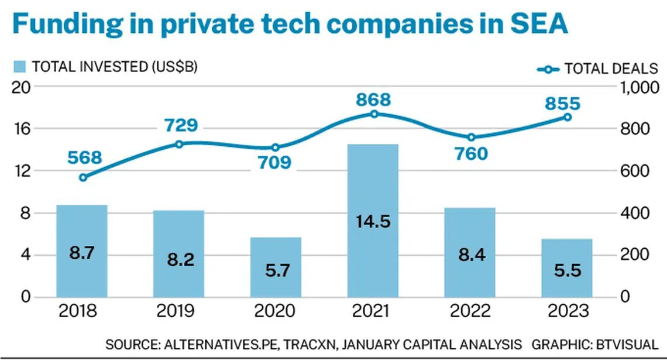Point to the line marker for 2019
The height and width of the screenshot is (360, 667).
(x=180, y=143)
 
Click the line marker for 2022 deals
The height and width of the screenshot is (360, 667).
(x=471, y=138)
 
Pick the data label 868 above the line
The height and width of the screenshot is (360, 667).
(x=373, y=100)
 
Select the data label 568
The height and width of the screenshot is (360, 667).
(x=84, y=158)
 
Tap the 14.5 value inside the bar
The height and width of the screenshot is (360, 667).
(x=373, y=222)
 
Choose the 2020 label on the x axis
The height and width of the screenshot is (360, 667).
(x=276, y=311)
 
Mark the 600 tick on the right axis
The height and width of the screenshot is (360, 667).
(x=635, y=171)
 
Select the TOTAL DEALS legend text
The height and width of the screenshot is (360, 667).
(x=611, y=68)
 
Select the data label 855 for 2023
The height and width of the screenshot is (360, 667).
(x=563, y=104)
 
